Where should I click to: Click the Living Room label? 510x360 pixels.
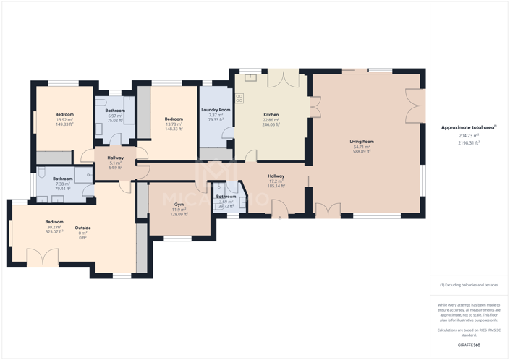pyautogui.click(x=361, y=142)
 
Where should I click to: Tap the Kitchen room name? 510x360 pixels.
pyautogui.click(x=271, y=115)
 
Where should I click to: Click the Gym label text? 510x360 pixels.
pyautogui.click(x=179, y=205)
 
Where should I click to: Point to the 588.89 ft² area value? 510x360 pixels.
pyautogui.click(x=361, y=152)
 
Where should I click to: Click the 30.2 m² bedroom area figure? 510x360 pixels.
pyautogui.click(x=54, y=227)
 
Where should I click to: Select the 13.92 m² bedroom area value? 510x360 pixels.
pyautogui.click(x=64, y=119)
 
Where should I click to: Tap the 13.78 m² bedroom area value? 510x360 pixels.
pyautogui.click(x=174, y=124)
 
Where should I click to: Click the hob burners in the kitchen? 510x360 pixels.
pyautogui.click(x=239, y=98)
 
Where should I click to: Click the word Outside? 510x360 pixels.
pyautogui.click(x=82, y=228)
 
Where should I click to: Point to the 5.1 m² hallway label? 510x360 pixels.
pyautogui.click(x=115, y=163)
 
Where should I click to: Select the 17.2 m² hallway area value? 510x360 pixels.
pyautogui.click(x=276, y=181)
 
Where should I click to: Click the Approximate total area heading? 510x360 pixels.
pyautogui.click(x=469, y=127)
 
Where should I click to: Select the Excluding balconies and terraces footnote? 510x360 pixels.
pyautogui.click(x=469, y=285)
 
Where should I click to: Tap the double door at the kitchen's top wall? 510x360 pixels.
pyautogui.click(x=283, y=78)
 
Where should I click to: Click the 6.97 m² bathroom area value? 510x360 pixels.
pyautogui.click(x=115, y=116)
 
